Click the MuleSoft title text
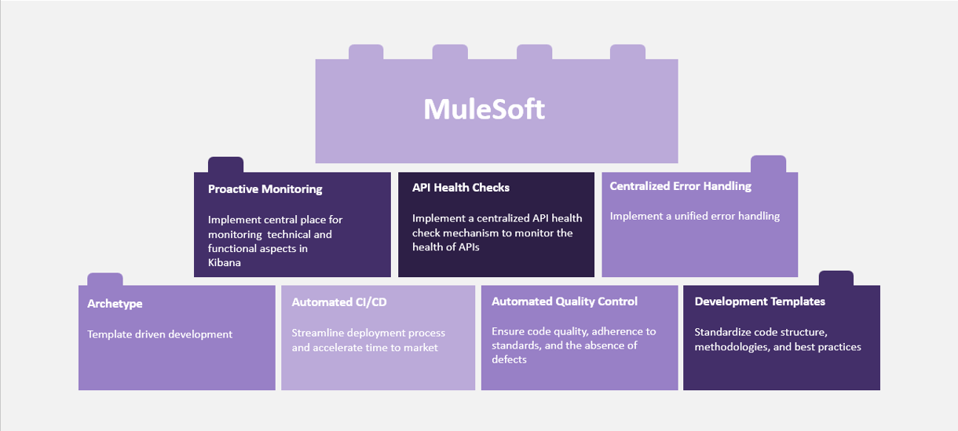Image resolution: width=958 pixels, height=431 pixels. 484,109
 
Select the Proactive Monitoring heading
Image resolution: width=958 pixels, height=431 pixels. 265,189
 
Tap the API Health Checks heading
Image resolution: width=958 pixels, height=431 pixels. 461,188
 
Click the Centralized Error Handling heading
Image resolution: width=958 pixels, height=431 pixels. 681,186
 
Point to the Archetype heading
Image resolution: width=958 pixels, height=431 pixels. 115,304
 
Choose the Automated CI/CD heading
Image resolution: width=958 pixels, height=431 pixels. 339,302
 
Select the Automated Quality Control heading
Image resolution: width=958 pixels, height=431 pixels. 565,301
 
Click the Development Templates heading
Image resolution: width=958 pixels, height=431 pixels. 759,301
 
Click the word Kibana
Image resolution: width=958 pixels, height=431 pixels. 224,262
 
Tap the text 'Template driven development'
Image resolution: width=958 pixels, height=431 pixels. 159,334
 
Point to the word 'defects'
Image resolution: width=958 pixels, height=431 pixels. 509,360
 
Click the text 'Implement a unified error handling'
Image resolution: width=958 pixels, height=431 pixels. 694,216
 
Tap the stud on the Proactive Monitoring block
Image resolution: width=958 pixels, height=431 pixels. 226,165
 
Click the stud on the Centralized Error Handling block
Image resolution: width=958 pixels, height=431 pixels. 768,164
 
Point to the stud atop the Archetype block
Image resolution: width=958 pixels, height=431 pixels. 105,279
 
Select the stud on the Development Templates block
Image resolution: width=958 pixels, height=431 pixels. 836,278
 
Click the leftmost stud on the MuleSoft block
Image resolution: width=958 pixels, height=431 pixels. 366,52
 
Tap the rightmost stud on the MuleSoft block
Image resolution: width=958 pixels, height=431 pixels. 628,52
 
